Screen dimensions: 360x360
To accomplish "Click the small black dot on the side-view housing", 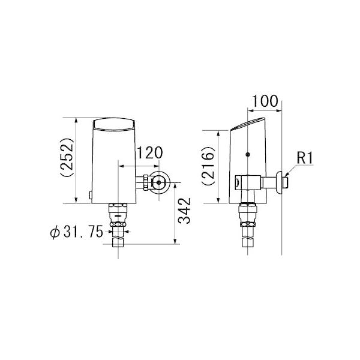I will (248, 155).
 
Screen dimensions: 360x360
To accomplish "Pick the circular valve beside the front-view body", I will (160, 182).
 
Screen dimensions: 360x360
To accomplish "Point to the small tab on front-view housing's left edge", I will (90, 194).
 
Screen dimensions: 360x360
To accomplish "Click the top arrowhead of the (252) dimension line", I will (77, 119).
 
